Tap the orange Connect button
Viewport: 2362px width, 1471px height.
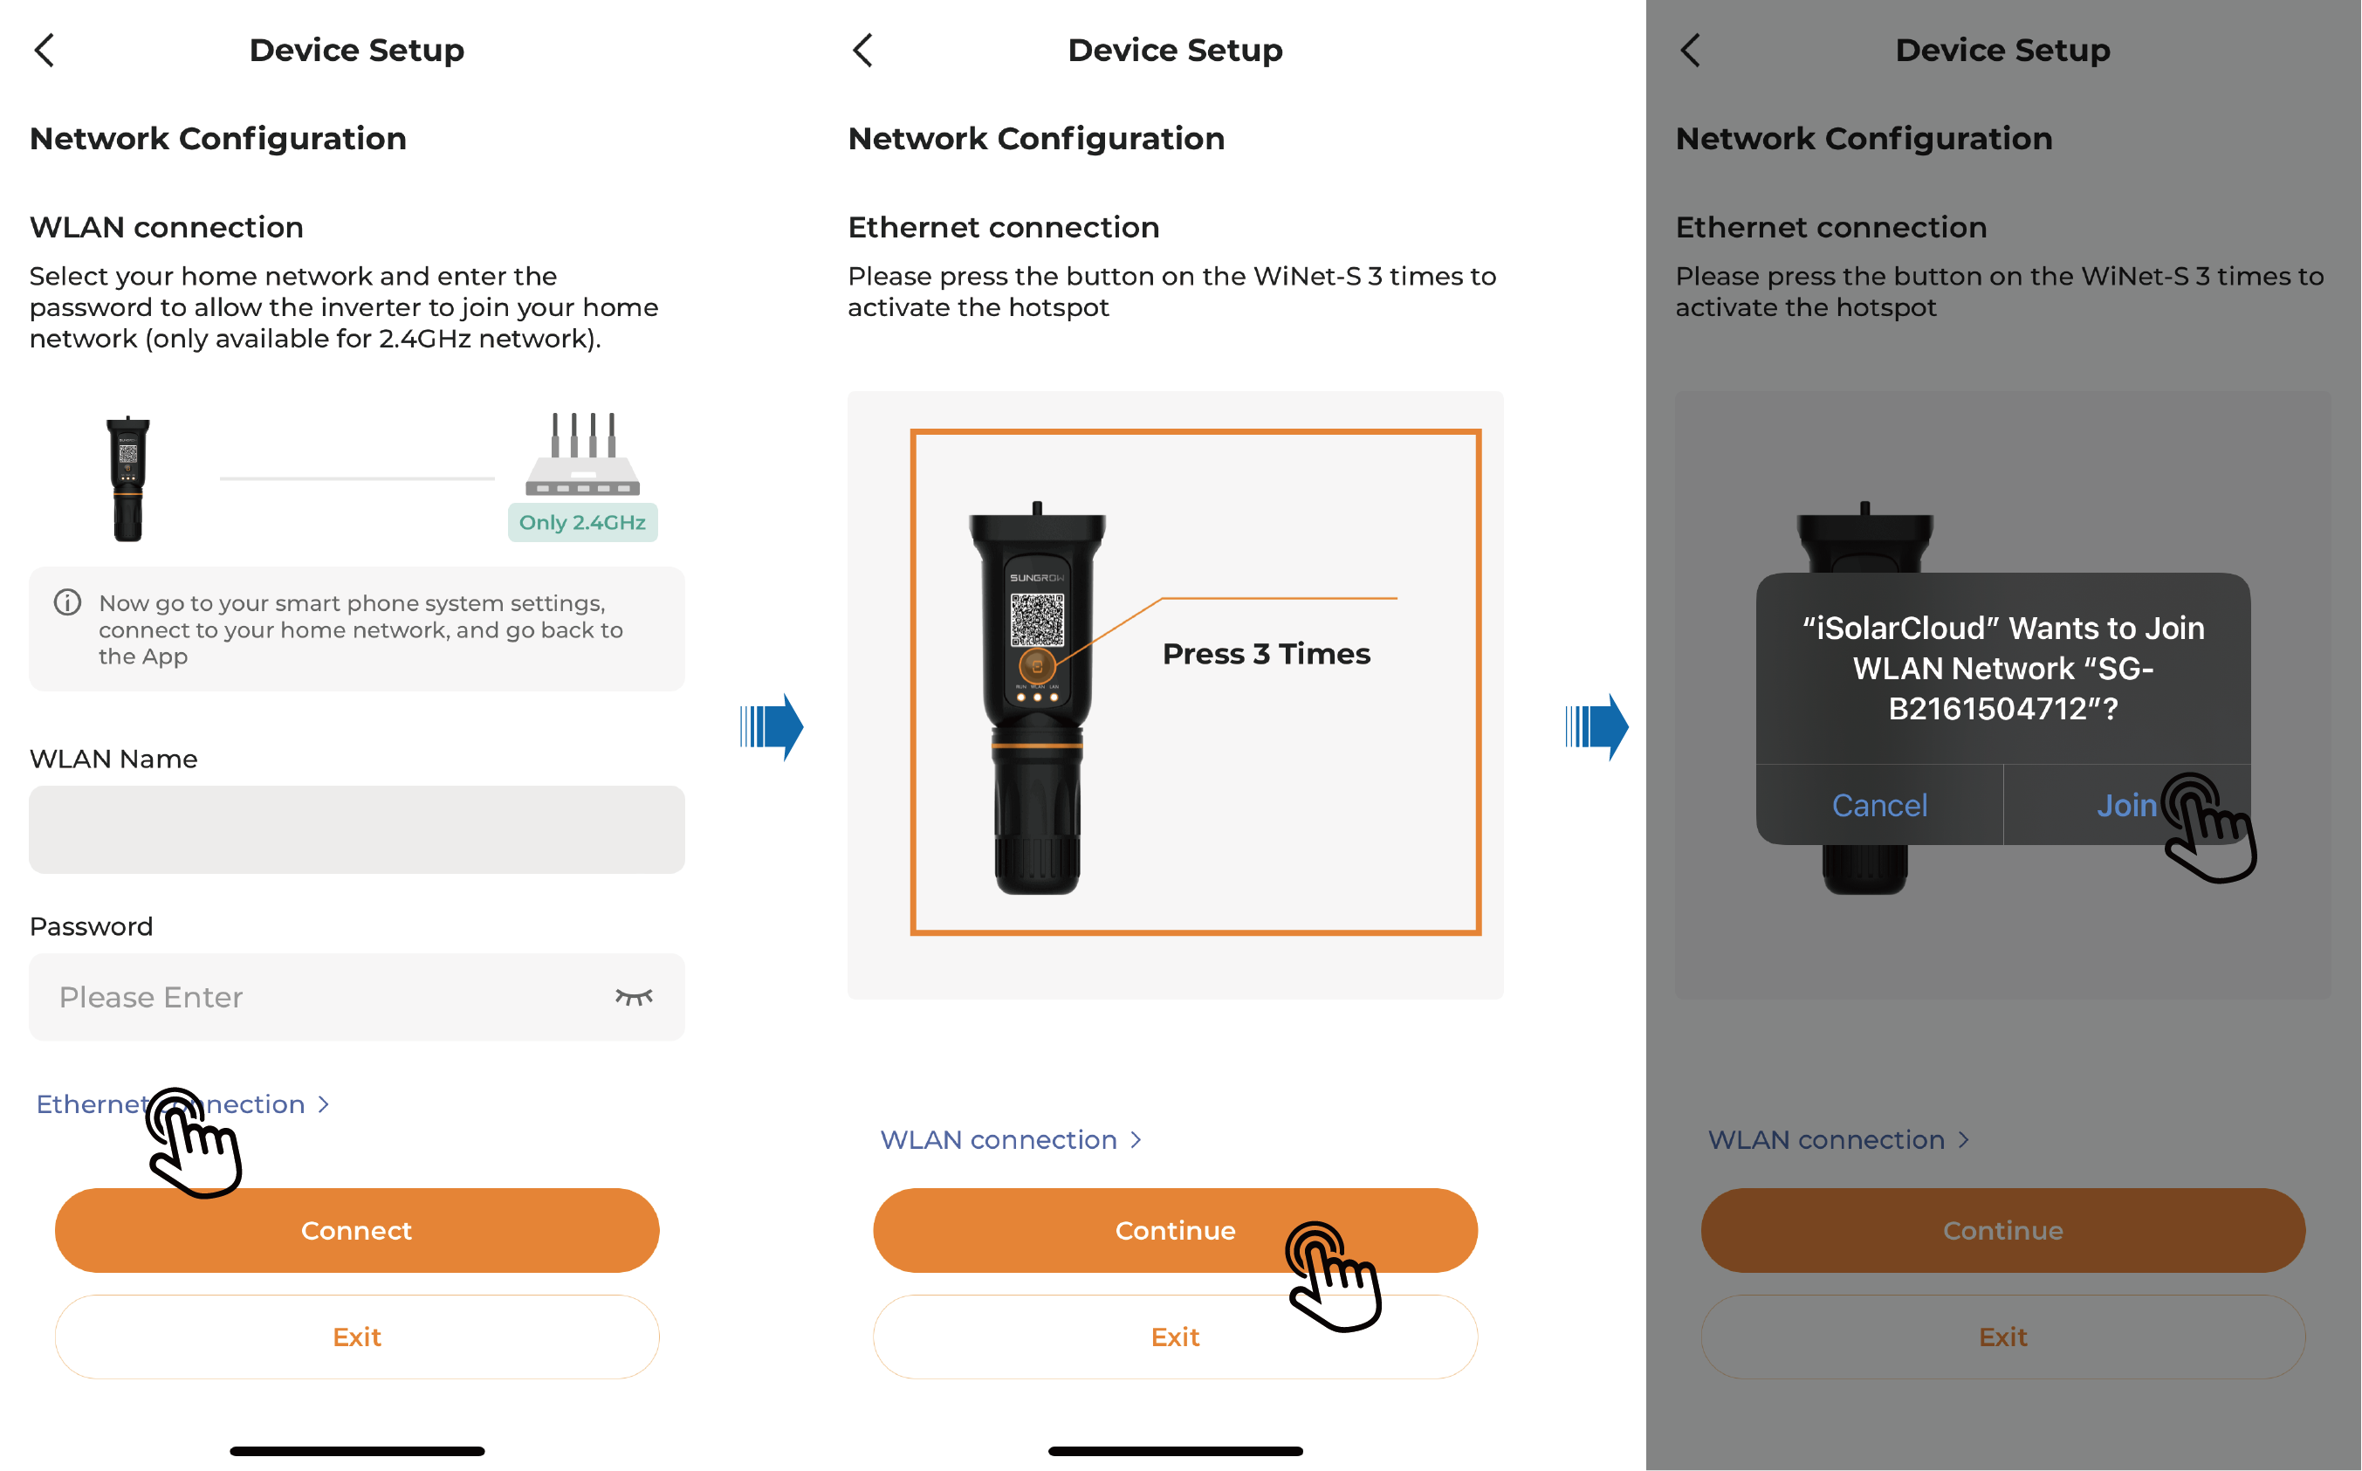(x=357, y=1230)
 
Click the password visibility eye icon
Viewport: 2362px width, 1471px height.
(x=634, y=997)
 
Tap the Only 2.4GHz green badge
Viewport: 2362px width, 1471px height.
(x=583, y=522)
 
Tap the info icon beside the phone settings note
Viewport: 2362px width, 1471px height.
(x=67, y=602)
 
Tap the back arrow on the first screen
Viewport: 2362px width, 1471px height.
(x=44, y=50)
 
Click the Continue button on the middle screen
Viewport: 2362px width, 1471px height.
(x=1175, y=1230)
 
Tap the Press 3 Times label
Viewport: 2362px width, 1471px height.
(x=1266, y=654)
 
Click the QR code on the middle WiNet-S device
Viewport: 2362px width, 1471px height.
(x=1037, y=619)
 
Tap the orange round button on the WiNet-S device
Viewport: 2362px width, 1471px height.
(x=1037, y=666)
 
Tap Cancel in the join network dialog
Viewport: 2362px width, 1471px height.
(x=1879, y=806)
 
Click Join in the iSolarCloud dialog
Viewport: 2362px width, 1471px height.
(x=2126, y=806)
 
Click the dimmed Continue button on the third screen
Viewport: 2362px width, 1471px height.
(x=2003, y=1230)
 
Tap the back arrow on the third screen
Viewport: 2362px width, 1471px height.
(x=1690, y=50)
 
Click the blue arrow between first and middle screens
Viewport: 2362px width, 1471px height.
(x=772, y=726)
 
